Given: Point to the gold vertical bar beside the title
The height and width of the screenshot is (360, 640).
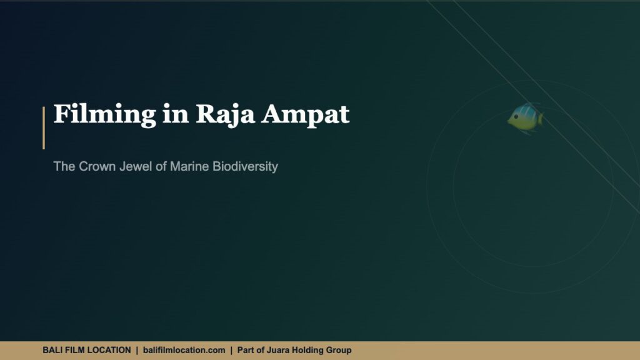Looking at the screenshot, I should click(44, 128).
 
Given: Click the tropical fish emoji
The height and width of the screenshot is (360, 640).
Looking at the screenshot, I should click(525, 117).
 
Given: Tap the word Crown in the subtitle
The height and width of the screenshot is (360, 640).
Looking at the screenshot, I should click(94, 167).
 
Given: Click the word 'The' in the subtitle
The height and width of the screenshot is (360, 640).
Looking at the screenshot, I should click(64, 167).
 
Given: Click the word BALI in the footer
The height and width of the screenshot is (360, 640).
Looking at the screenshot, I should click(52, 350).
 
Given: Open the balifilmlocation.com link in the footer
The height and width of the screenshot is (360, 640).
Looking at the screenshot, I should click(184, 350).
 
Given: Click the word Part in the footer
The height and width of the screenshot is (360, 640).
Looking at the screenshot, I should click(246, 350).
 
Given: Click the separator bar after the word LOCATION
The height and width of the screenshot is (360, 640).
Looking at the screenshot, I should click(137, 350).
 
